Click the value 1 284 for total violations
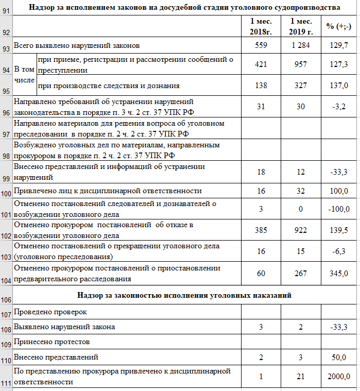(300, 46)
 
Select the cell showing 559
(261, 46)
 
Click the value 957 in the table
(300, 65)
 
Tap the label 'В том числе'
(24, 75)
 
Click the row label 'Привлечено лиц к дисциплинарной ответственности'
(108, 191)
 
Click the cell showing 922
(300, 230)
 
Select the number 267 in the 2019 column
(300, 273)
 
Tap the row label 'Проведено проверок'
(50, 312)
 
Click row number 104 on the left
(6, 280)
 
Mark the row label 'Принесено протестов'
(52, 342)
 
